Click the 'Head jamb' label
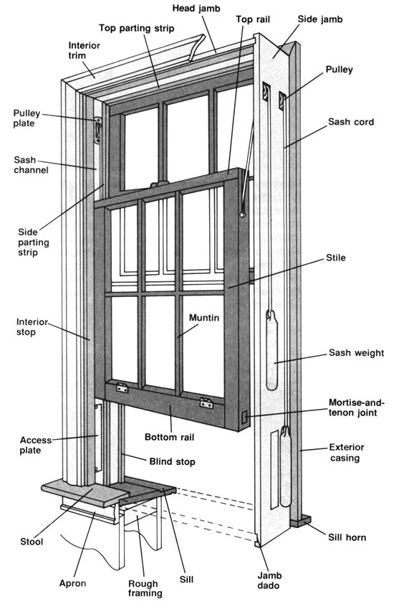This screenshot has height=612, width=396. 196,8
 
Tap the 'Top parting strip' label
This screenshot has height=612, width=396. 136,28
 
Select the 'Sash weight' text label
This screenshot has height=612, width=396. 357,353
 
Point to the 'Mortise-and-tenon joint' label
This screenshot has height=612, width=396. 357,408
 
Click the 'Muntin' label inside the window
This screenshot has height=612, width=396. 204,318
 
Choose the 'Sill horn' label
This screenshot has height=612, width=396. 347,537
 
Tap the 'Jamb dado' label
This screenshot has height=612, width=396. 269,580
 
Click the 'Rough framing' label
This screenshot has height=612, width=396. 145,588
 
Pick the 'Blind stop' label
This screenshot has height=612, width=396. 172,462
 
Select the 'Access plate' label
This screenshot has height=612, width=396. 35,445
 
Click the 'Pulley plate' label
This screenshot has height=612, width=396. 26,118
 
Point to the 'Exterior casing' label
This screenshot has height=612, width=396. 346,453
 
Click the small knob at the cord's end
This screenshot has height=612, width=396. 243,215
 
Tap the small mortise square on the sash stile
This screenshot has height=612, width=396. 244,418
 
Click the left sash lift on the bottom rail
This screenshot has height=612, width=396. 122,387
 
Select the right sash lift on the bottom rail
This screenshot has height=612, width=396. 206,402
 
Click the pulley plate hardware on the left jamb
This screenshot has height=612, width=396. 97,129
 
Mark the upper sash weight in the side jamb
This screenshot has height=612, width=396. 272,350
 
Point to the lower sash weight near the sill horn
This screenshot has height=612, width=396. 286,466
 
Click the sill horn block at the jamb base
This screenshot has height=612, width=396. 301,521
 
